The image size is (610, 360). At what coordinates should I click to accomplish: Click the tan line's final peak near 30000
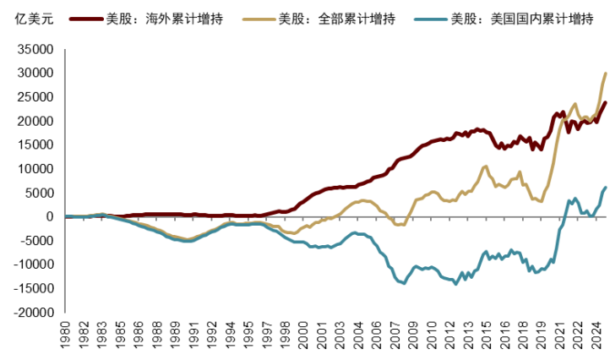tap(605, 74)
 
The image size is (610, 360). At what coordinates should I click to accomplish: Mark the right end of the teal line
tap(605, 187)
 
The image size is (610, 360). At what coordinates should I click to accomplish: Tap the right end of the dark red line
tap(605, 103)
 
